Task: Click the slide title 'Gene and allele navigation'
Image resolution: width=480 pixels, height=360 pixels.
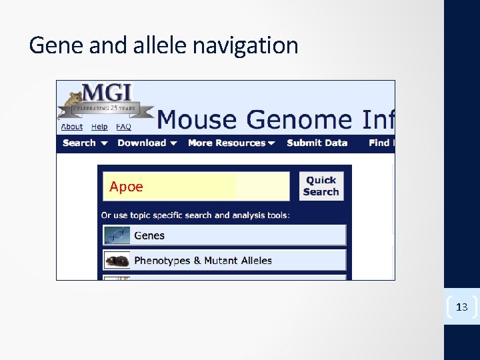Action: (x=163, y=45)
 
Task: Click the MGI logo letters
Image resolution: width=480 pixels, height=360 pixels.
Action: (x=107, y=92)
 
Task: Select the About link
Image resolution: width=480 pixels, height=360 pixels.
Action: (x=72, y=127)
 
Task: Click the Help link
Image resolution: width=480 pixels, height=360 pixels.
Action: (x=99, y=127)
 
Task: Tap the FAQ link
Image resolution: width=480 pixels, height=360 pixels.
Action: (x=123, y=127)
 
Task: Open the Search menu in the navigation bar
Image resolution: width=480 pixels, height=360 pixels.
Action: (x=84, y=143)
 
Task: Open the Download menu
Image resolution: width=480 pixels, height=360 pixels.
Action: (x=147, y=143)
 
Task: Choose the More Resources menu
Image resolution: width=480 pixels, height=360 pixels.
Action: (x=231, y=143)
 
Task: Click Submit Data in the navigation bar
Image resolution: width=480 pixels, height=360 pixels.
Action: (x=317, y=143)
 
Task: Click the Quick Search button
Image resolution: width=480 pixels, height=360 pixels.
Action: (x=321, y=186)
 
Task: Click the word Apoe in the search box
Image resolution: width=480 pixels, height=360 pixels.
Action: (x=126, y=187)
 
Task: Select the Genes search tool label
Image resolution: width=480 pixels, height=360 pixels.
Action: (x=149, y=235)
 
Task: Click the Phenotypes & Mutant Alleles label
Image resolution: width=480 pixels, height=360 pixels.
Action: (x=203, y=261)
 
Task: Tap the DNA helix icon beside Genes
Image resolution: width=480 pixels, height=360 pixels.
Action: (x=117, y=235)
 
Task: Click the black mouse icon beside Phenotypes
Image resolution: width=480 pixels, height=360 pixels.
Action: (x=117, y=261)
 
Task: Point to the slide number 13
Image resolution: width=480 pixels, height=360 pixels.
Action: (x=461, y=307)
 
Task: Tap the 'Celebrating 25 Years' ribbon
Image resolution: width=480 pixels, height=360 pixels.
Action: (x=107, y=107)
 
